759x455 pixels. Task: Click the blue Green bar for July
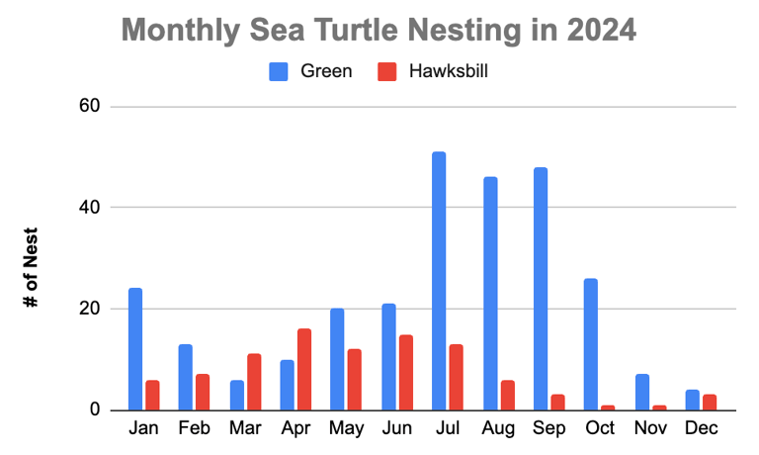(x=439, y=281)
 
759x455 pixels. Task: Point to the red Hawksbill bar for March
(x=253, y=382)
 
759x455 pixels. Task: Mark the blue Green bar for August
(x=489, y=293)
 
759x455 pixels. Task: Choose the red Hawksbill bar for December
(x=709, y=402)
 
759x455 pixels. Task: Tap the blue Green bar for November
(x=641, y=392)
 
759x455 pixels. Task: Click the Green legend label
(x=325, y=71)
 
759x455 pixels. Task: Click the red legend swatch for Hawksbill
(x=387, y=71)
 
